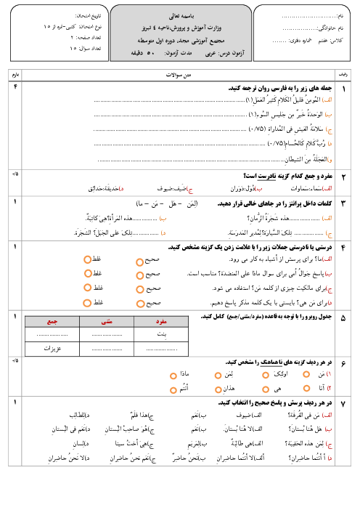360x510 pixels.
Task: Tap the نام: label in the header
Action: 345,15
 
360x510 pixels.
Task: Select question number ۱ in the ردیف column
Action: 344,88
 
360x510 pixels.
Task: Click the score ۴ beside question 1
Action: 15,87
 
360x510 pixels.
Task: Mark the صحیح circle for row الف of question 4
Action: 139,259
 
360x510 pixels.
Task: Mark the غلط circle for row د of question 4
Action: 87,301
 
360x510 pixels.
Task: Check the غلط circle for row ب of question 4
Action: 87,273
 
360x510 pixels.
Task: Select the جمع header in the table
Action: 52,321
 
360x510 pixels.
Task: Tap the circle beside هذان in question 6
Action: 218,389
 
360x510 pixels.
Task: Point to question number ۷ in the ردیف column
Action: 344,402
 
